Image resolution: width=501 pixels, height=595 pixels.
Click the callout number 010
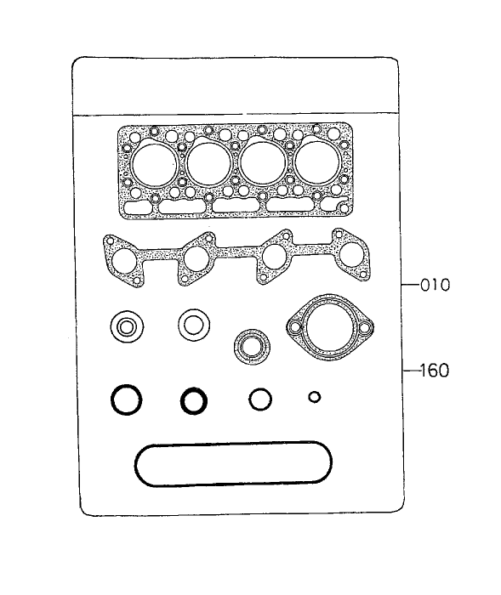[434, 285]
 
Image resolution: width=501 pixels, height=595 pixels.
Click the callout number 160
[434, 371]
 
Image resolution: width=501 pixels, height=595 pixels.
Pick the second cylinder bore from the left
[210, 162]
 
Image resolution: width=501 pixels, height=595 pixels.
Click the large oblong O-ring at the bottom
[232, 464]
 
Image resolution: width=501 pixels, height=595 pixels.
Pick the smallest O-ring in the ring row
[314, 396]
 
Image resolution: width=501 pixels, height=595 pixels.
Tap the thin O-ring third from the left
[260, 398]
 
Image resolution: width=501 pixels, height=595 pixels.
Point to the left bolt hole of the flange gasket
[295, 326]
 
